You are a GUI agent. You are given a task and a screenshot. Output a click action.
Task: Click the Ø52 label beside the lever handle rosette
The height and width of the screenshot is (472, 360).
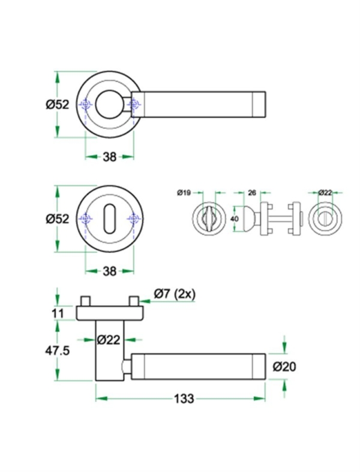(58, 104)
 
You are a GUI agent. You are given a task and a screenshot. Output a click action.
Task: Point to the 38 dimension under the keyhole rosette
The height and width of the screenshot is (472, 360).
(109, 271)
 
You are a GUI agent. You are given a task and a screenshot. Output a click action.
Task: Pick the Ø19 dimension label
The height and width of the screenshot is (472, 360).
(184, 193)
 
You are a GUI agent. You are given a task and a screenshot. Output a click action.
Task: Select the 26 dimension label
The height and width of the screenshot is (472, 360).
(252, 193)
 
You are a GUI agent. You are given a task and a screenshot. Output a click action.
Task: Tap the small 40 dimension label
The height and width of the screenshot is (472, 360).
(235, 219)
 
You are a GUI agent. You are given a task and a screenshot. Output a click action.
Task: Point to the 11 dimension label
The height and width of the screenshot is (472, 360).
(58, 312)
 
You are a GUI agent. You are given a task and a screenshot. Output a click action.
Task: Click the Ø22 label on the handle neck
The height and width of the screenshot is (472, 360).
(109, 340)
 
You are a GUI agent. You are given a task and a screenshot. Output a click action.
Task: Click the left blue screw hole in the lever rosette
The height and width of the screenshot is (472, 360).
(86, 105)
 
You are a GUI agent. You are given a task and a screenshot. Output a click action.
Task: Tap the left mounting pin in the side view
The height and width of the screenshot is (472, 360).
(86, 300)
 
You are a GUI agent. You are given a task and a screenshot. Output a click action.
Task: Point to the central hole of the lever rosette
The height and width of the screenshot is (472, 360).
(109, 104)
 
